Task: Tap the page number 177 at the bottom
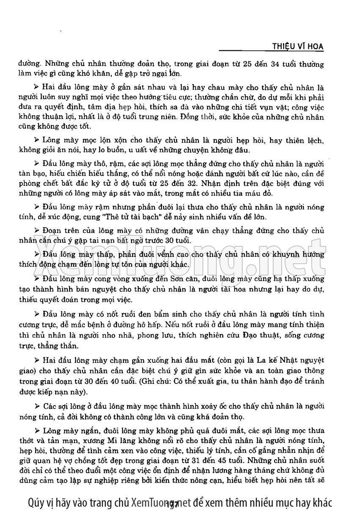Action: pyautogui.click(x=172, y=504)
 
